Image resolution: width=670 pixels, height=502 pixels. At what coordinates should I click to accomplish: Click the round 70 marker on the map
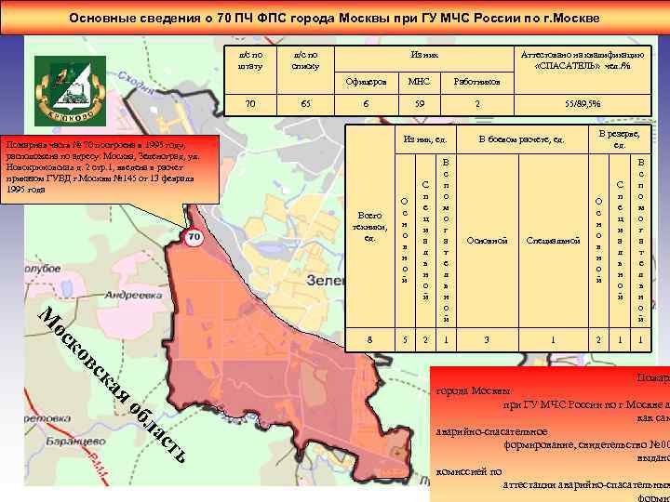pyautogui.click(x=194, y=238)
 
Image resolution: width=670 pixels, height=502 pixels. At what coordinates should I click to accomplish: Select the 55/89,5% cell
pyautogui.click(x=583, y=104)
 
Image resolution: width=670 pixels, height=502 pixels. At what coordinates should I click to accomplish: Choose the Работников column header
pyautogui.click(x=476, y=82)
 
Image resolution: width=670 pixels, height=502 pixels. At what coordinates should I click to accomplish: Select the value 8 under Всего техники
pyautogui.click(x=369, y=340)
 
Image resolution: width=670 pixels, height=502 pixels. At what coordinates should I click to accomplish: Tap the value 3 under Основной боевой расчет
pyautogui.click(x=487, y=340)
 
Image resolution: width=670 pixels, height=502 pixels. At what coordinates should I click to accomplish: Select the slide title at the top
pyautogui.click(x=334, y=19)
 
